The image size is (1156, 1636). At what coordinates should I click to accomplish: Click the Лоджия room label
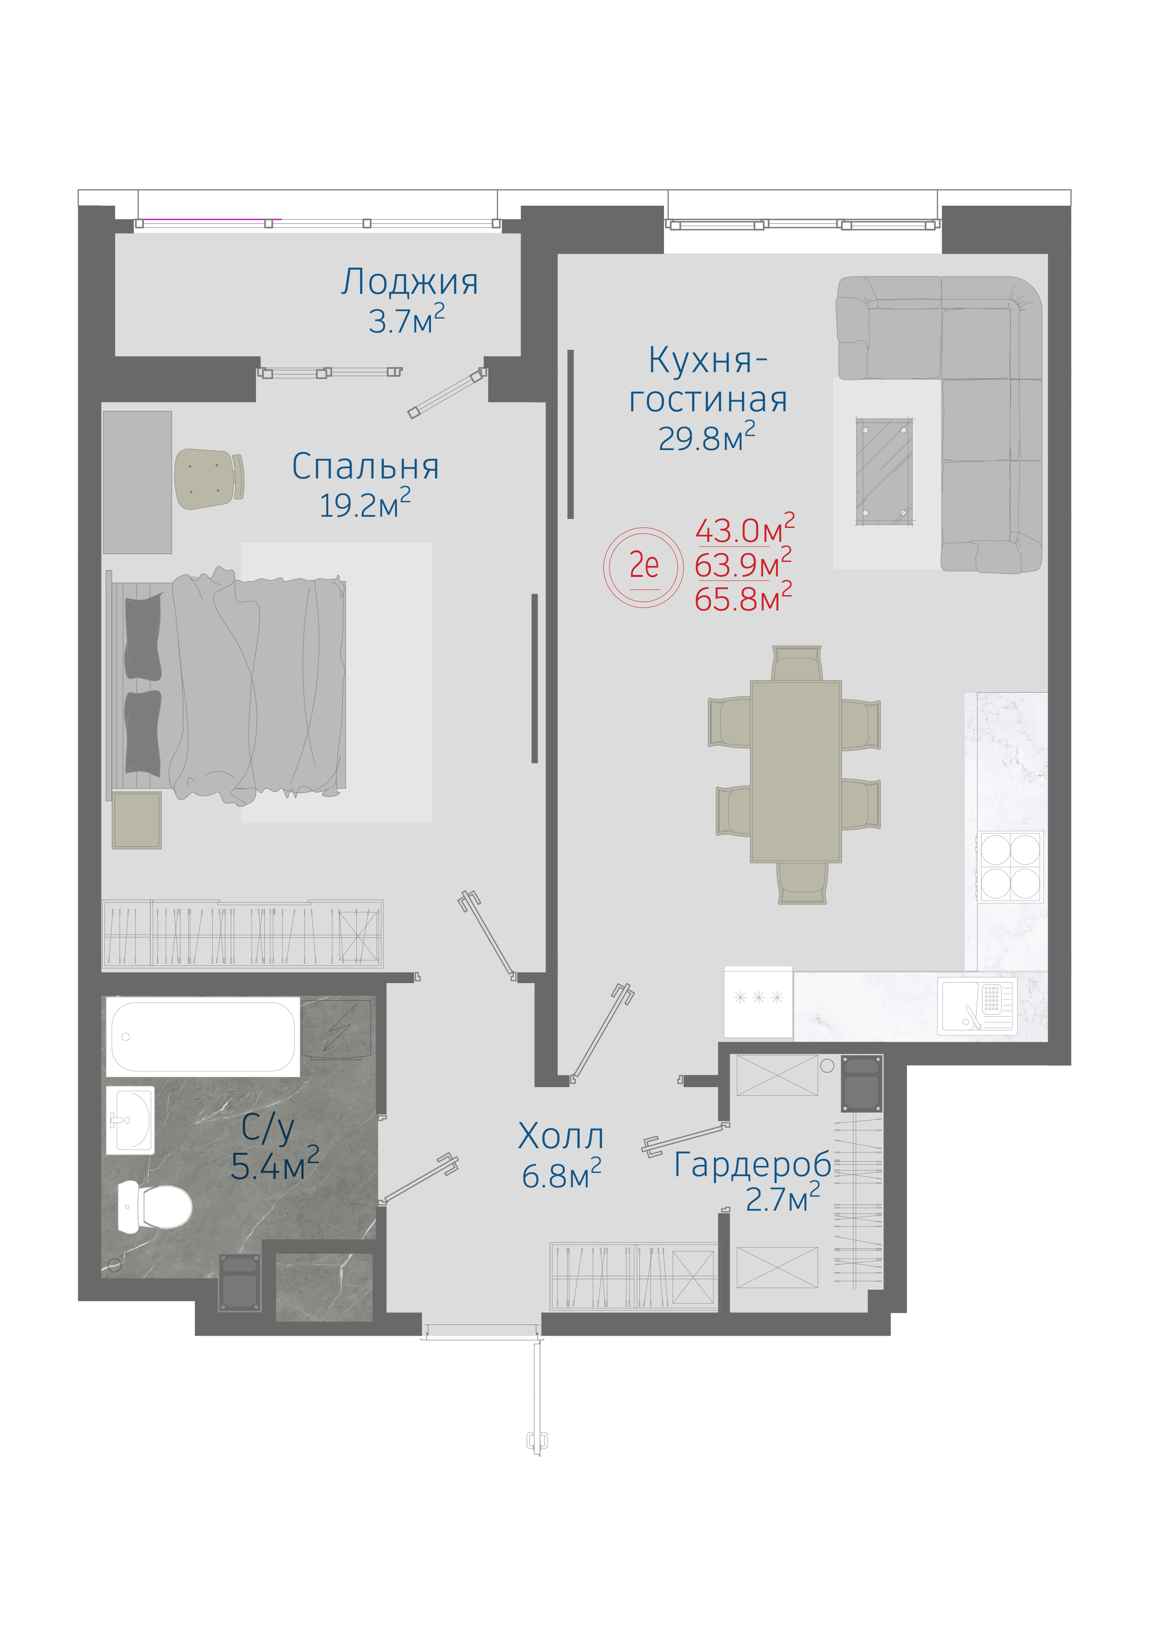pos(409,282)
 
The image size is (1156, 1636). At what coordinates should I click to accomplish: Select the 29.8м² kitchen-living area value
pos(706,437)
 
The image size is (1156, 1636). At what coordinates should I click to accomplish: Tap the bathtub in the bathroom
pos(203,1037)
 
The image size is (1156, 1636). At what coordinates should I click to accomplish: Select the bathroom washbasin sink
pos(131,1120)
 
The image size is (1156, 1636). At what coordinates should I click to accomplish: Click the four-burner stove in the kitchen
pos(1010,867)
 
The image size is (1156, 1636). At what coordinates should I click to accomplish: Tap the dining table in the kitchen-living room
pos(796,771)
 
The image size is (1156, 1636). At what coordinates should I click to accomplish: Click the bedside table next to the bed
pos(137,820)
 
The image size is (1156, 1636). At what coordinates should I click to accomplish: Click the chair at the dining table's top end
pos(796,663)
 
